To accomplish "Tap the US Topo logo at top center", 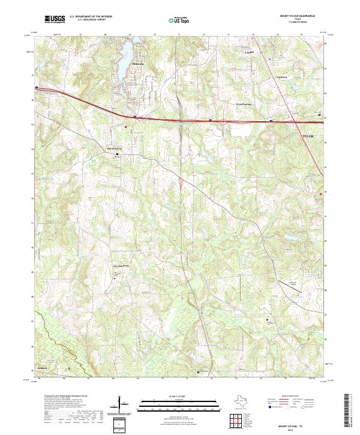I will pyautogui.click(x=180, y=19).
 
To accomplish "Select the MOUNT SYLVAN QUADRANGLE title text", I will pyautogui.click(x=298, y=15).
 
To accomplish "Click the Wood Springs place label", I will pyautogui.click(x=243, y=104).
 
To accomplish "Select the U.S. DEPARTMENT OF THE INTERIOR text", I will pyautogui.click(x=89, y=17).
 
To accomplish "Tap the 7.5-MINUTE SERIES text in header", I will pyautogui.click(x=298, y=22).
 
